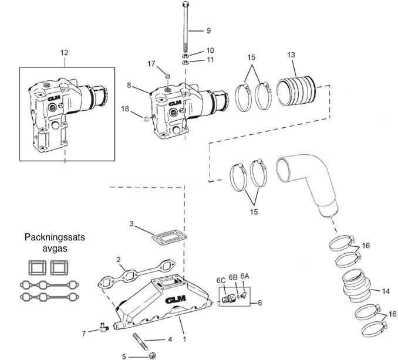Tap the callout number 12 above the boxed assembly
65,53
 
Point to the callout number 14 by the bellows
385,291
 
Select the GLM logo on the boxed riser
54,99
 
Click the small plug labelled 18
145,121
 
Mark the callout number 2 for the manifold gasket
118,259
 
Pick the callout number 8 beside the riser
129,84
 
